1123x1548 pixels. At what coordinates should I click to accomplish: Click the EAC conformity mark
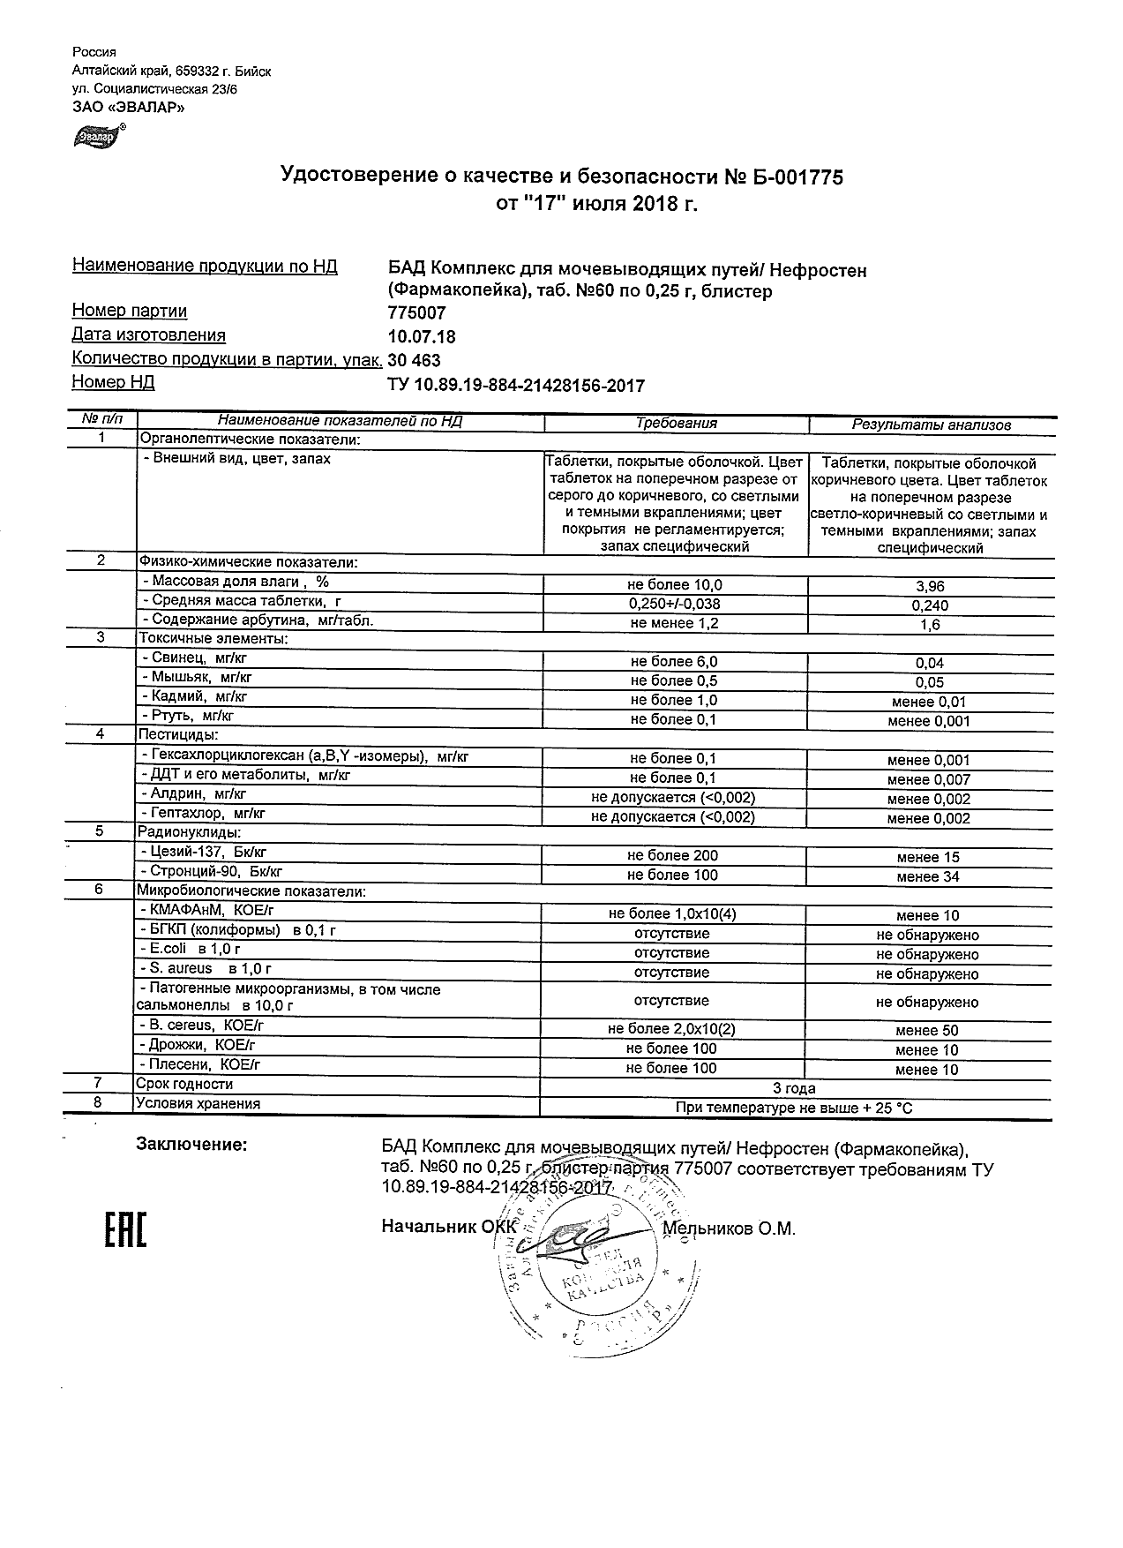[126, 1229]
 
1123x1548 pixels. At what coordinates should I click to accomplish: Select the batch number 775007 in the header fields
[416, 312]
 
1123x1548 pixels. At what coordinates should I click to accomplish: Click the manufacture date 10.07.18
[422, 336]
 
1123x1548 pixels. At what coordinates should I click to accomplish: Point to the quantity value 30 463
[414, 360]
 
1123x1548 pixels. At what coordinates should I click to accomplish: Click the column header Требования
[676, 424]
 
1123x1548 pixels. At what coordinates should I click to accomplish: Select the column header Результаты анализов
[931, 425]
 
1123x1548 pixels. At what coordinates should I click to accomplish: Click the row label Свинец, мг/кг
[190, 658]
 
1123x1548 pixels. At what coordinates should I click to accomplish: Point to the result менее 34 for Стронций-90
[927, 876]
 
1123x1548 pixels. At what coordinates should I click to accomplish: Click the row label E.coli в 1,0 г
[191, 949]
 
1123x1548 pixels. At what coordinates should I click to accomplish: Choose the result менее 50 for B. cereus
[926, 1030]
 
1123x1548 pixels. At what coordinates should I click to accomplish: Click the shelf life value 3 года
[794, 1088]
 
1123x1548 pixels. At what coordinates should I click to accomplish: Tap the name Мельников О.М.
[729, 1229]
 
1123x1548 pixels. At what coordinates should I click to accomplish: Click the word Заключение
[191, 1145]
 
